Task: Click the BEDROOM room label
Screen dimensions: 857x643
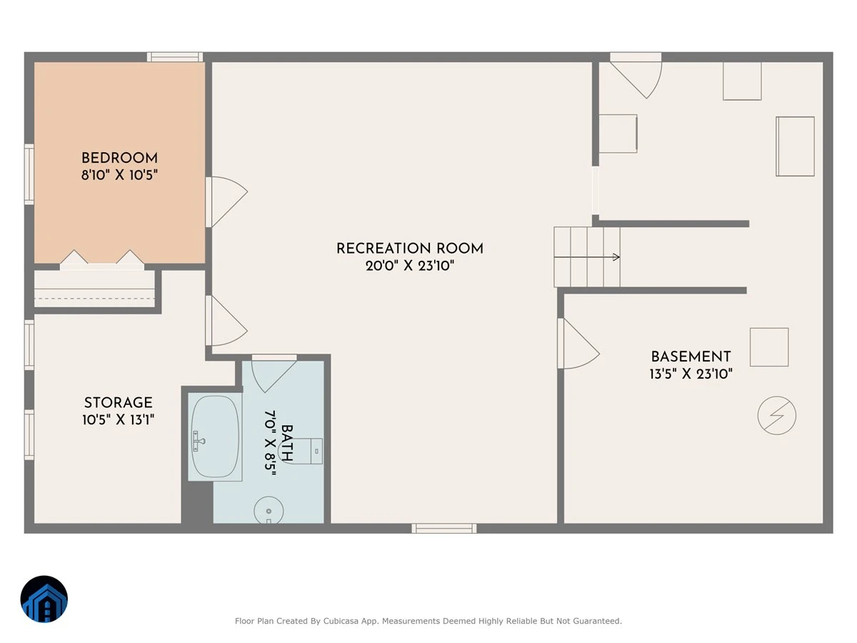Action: point(119,158)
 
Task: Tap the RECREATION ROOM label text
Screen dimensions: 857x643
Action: point(409,249)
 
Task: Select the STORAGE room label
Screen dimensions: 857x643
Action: point(119,402)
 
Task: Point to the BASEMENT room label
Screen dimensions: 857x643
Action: point(691,357)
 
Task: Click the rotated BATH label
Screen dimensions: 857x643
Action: point(286,443)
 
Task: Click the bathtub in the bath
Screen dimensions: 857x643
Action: point(215,437)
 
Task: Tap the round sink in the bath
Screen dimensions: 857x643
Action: point(269,510)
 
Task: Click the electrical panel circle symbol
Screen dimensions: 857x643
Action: point(776,415)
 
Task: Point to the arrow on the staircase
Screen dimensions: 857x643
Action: point(587,257)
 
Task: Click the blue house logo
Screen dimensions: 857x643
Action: point(44,599)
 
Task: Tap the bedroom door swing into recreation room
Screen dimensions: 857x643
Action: point(226,201)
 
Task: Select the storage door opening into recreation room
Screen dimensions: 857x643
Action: point(226,321)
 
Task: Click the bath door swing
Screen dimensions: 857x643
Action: point(274,375)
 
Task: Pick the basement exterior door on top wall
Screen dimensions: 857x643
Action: point(636,76)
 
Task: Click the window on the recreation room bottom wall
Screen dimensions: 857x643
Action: point(444,529)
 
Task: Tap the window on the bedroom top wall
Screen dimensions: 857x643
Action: point(175,57)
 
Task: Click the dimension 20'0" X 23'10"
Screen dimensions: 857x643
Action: point(410,266)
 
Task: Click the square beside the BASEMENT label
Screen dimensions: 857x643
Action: point(769,347)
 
